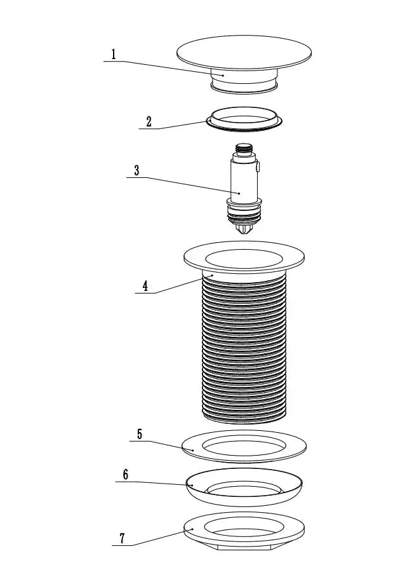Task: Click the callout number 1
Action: click(x=114, y=54)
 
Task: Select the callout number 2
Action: click(x=149, y=121)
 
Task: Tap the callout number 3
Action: click(x=136, y=170)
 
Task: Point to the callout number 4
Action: click(x=145, y=285)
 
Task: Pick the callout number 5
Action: click(x=140, y=435)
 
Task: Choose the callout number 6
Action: click(x=125, y=474)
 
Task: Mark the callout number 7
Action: click(x=122, y=538)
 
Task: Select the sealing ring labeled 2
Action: click(x=244, y=120)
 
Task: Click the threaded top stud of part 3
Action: click(x=243, y=150)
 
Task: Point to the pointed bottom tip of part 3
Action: click(x=244, y=229)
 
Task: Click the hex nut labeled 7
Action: click(x=244, y=530)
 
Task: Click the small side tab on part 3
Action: click(x=259, y=168)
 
